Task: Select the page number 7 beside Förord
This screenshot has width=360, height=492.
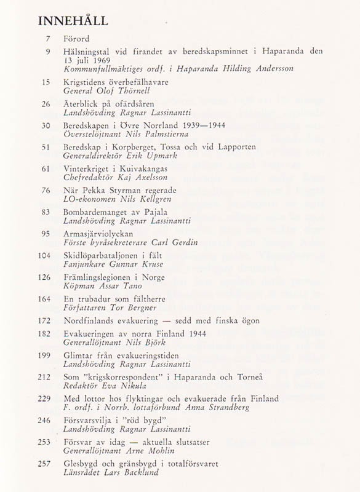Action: tap(47, 39)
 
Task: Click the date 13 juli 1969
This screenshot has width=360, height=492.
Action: tap(87, 60)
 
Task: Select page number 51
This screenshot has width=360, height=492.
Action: tap(46, 148)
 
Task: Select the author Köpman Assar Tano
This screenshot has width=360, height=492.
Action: tap(102, 286)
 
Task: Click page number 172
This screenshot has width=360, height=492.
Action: tap(44, 320)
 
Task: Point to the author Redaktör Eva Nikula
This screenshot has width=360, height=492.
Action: tap(105, 386)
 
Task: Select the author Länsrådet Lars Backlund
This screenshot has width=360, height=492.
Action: tap(111, 472)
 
